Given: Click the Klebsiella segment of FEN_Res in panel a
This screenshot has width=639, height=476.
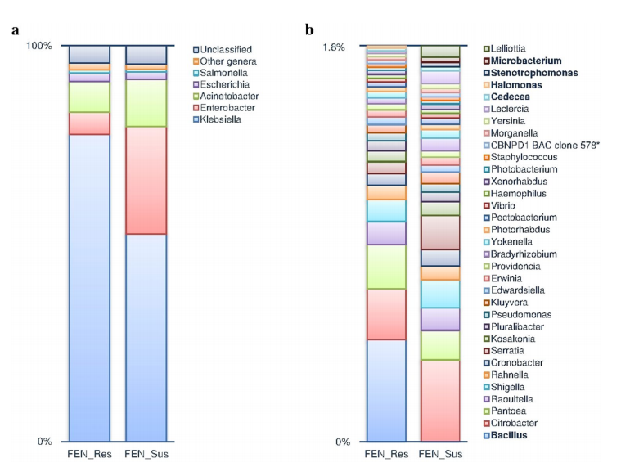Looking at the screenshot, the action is pos(89,288).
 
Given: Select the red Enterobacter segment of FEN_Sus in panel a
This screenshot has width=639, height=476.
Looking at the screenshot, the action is pos(146,181).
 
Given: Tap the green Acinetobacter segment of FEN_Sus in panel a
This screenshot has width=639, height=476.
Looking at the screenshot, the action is pos(146,103).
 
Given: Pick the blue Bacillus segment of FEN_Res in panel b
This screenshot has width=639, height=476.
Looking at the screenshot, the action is pos(386,390).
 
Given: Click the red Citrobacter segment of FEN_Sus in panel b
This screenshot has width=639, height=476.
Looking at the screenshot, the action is pos(440,401).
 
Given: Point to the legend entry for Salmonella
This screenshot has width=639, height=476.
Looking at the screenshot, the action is pos(220,73).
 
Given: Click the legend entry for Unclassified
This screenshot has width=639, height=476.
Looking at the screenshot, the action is pos(223,50).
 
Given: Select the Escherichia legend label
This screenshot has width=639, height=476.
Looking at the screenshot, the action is pos(224,84).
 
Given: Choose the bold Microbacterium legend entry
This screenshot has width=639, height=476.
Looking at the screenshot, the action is pos(523,61).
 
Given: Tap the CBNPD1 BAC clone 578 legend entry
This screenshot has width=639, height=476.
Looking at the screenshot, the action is pos(541,146).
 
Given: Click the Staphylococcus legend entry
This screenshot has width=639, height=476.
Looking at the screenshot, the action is pos(520,157).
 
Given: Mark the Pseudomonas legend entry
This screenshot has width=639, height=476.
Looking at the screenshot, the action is pos(518,315).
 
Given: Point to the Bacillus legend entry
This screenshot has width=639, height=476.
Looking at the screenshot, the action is pos(506,435).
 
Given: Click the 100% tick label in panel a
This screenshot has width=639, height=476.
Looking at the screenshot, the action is pos(39,46).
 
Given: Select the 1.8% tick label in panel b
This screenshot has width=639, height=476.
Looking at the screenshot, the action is pos(334,47).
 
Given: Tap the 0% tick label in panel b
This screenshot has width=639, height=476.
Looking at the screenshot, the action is pos(343,442).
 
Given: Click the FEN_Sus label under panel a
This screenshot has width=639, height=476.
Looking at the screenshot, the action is pos(146,454).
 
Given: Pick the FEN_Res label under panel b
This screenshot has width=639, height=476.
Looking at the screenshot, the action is pos(386,454).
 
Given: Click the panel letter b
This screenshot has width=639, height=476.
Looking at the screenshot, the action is pos(309,29).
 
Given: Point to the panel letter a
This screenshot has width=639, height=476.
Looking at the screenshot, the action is pos(16,30).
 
